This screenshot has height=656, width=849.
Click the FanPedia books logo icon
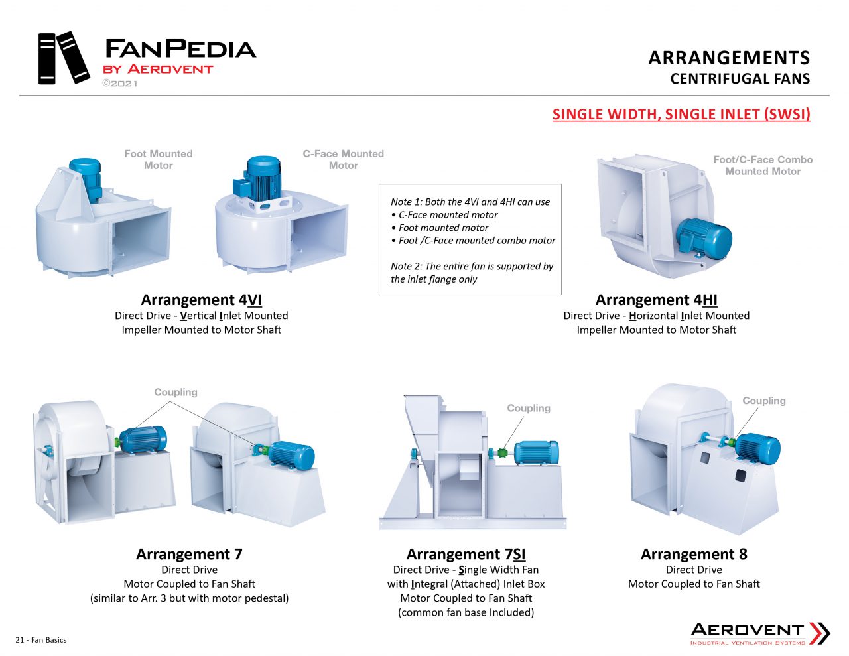pyautogui.click(x=64, y=58)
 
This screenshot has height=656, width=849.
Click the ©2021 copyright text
pyautogui.click(x=120, y=84)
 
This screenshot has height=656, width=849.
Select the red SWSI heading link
pyautogui.click(x=681, y=114)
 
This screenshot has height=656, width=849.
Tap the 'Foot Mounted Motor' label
pyautogui.click(x=158, y=159)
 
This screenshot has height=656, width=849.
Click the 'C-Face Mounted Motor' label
pyautogui.click(x=343, y=159)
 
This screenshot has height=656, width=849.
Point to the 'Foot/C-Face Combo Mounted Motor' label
pyautogui.click(x=763, y=165)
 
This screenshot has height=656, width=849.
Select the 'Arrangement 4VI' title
pyautogui.click(x=201, y=300)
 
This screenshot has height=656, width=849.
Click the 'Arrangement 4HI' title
pyautogui.click(x=656, y=300)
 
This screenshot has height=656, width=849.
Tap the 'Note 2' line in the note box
pyautogui.click(x=472, y=266)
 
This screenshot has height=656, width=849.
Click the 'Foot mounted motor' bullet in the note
pyautogui.click(x=443, y=228)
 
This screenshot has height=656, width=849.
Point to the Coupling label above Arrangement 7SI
pyautogui.click(x=529, y=408)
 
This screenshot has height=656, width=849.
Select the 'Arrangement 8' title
pyautogui.click(x=694, y=554)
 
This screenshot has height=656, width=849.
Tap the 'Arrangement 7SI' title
pyautogui.click(x=466, y=554)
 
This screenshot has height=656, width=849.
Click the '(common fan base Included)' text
pyautogui.click(x=466, y=612)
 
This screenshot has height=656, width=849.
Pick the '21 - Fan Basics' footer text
pyautogui.click(x=41, y=640)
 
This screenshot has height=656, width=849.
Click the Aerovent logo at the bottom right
pyautogui.click(x=759, y=633)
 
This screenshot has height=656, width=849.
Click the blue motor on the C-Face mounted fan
pyautogui.click(x=263, y=176)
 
